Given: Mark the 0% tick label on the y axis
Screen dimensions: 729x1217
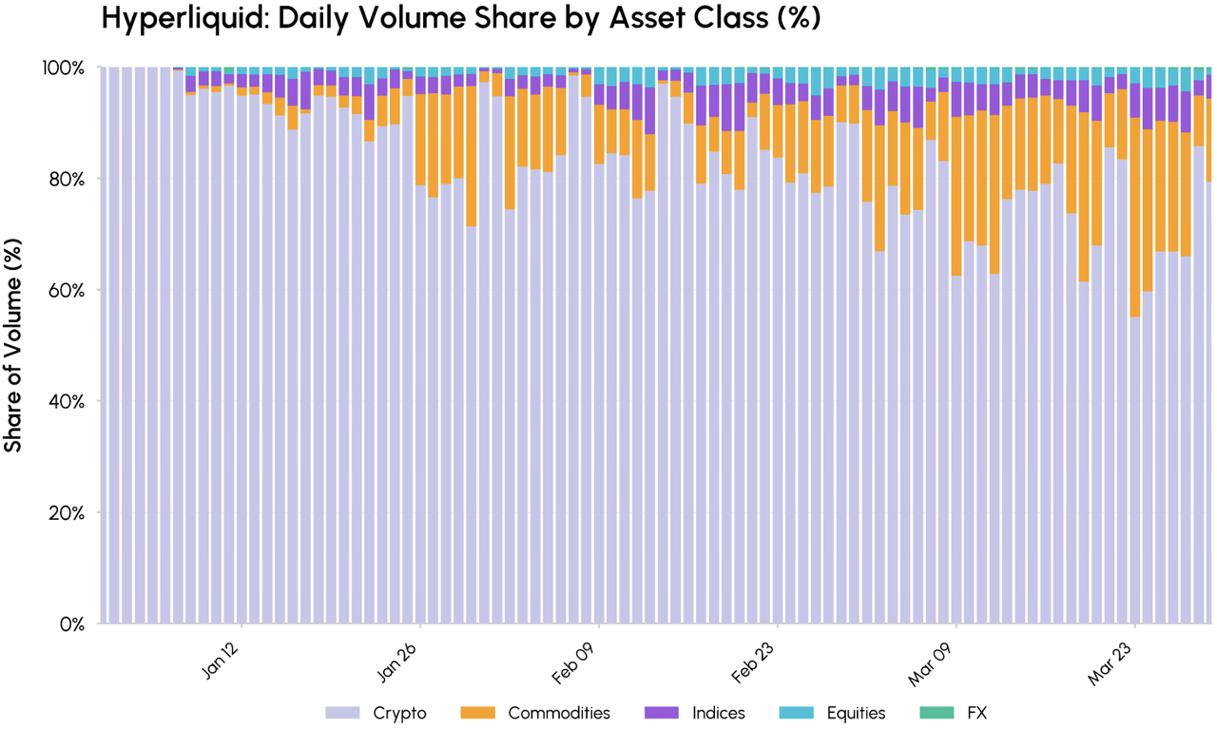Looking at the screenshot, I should tap(73, 624).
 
